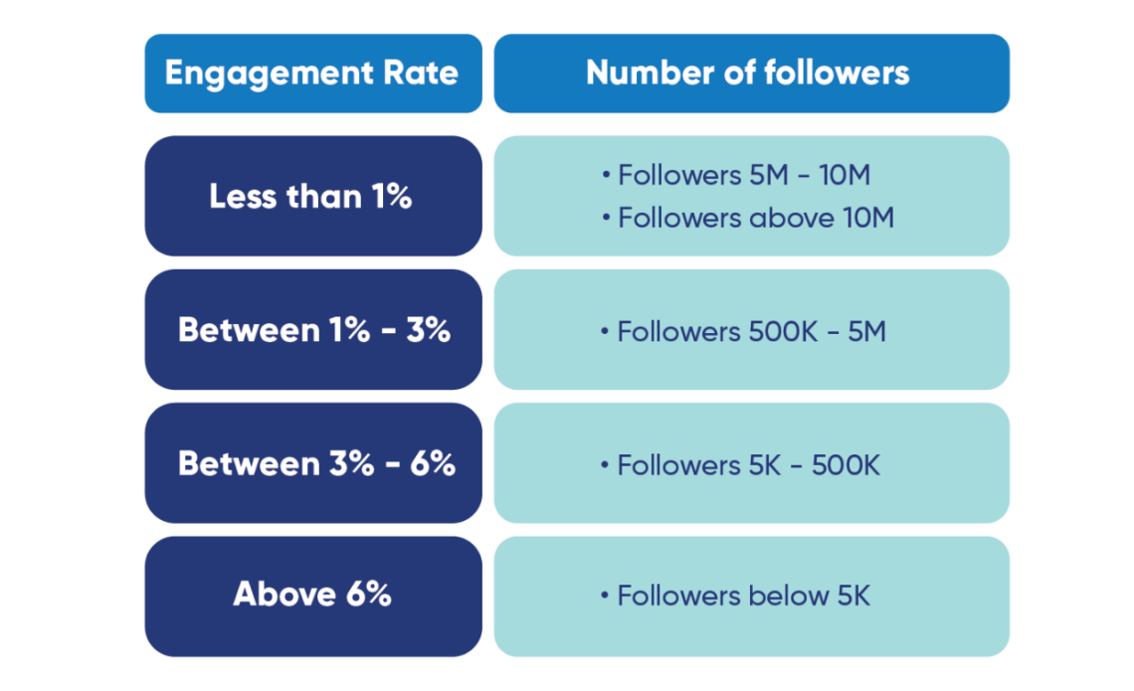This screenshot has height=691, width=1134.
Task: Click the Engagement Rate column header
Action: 312,74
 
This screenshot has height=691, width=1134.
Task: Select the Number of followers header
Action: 747,74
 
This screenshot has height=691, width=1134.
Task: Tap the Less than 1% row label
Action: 310,197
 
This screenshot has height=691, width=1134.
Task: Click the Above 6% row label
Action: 311,595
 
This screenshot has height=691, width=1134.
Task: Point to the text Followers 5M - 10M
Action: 743,176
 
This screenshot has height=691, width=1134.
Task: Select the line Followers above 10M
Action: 755,218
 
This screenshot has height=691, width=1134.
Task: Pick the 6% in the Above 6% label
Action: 367,595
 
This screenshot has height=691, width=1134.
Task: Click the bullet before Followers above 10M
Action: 605,218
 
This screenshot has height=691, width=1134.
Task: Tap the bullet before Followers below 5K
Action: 605,597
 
